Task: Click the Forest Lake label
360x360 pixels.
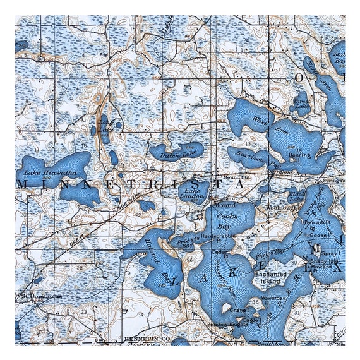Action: point(302,102)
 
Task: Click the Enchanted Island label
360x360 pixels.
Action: point(270,279)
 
